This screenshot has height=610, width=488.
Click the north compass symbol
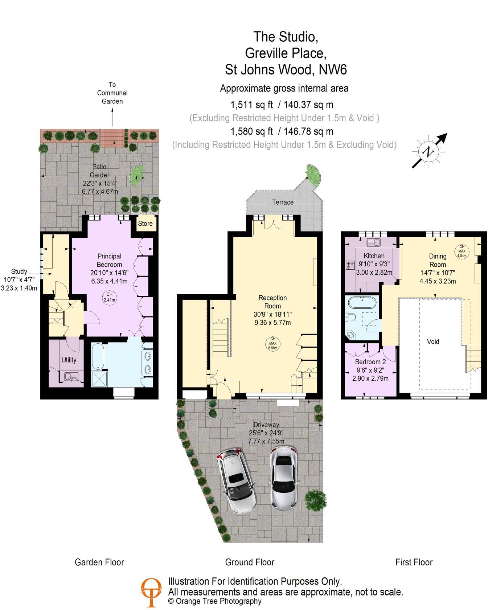[429, 152]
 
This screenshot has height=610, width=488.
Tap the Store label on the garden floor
[145, 224]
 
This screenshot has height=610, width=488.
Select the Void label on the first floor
[433, 341]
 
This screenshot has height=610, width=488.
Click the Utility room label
[69, 360]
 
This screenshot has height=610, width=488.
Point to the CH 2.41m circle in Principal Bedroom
[109, 297]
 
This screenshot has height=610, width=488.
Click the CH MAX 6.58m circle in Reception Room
[272, 343]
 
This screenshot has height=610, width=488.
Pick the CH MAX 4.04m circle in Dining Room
[462, 251]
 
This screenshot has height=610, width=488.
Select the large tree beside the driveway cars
[315, 500]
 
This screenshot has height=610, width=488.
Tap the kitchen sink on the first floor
[373, 242]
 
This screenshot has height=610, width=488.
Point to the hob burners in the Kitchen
[350, 265]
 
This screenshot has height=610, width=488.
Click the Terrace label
[283, 202]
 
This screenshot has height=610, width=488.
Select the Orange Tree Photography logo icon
[151, 592]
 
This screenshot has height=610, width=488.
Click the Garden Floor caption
[99, 562]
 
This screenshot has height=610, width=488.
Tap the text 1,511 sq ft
[251, 105]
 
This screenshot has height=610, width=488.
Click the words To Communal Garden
[112, 93]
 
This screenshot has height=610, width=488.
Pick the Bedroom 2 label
[370, 361]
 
